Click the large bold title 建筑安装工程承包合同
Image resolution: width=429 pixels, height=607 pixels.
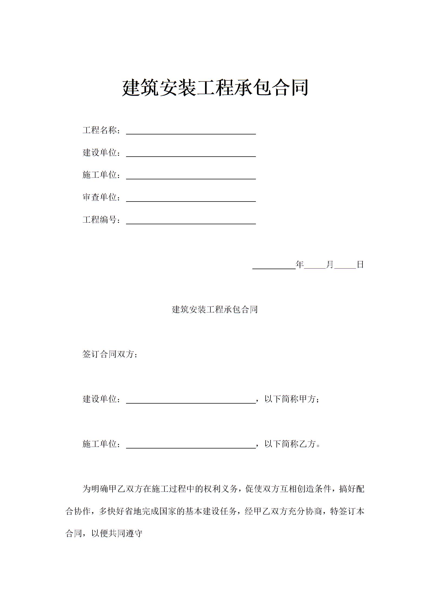(215, 88)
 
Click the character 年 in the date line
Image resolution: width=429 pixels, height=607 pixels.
(300, 265)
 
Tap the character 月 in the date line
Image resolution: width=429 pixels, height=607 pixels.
(330, 265)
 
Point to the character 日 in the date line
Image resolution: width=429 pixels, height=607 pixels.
(360, 265)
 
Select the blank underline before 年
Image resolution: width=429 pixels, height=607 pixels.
(274, 266)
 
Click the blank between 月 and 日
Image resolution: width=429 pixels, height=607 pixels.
(345, 266)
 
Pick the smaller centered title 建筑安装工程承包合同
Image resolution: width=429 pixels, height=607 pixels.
(215, 309)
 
